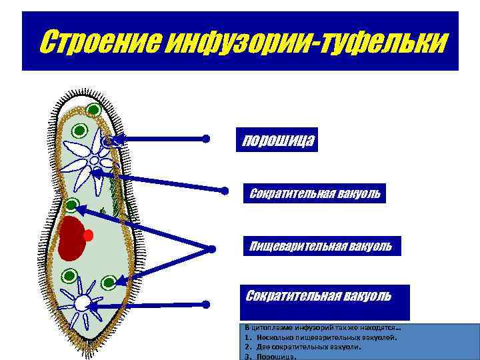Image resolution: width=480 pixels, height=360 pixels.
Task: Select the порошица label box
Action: pos(277,139)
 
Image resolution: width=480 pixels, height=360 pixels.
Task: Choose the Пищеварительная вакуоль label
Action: pos(321,247)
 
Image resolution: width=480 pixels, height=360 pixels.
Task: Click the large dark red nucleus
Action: pos(71,237)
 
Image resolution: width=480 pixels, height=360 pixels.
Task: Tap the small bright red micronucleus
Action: pos(89,235)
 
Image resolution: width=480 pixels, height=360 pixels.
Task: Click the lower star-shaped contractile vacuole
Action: pos(81,303)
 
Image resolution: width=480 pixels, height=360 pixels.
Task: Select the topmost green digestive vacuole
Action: pos(93,110)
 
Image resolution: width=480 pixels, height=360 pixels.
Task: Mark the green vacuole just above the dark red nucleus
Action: pos(72,205)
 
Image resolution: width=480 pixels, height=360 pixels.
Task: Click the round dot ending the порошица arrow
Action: pos(206,139)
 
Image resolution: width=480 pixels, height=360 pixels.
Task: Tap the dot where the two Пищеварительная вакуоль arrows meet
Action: pos(212,249)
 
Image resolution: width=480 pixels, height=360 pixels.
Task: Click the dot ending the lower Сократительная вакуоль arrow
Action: pos(206,304)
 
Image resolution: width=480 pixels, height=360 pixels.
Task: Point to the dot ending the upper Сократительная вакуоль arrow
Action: pos(225,189)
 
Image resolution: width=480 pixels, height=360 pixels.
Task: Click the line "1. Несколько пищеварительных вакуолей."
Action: pos(321,337)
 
